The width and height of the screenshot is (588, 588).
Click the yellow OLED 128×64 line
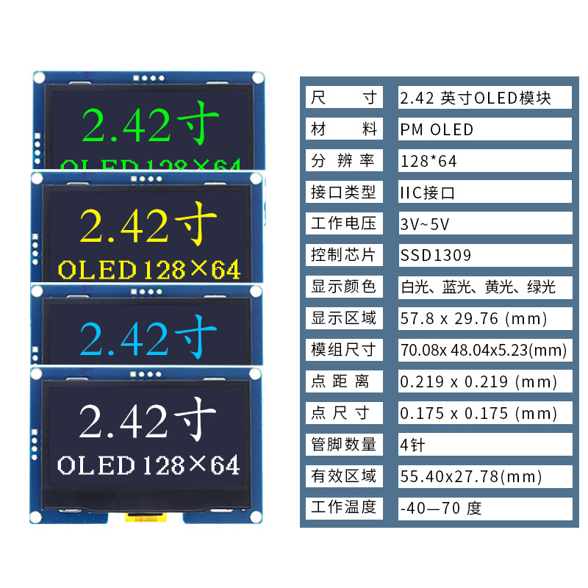149,270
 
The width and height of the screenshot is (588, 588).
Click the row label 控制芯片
343,255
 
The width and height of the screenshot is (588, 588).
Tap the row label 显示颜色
343,287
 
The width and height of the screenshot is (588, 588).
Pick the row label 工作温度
343,507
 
